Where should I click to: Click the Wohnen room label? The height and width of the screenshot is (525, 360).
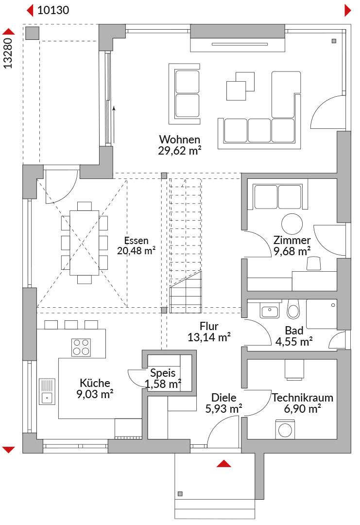(180, 140)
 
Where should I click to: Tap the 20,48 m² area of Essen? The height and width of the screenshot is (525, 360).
(136, 251)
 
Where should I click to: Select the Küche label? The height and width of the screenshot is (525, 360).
(95, 383)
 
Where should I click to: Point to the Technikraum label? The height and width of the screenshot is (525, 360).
(303, 398)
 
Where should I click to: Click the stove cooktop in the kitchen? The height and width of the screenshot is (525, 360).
(81, 347)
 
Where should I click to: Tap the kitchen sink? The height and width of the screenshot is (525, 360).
(47, 391)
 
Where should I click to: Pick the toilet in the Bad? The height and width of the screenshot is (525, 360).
(293, 309)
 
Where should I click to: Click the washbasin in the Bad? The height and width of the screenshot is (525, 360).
(269, 311)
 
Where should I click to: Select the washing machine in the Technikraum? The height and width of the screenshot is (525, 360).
(285, 429)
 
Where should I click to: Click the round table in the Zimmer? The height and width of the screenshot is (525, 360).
(292, 224)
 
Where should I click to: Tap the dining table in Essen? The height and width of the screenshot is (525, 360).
(85, 243)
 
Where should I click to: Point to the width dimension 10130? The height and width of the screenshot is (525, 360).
(53, 10)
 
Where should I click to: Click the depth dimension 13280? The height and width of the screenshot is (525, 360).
(8, 53)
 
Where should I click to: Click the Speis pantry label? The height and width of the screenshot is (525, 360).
(163, 373)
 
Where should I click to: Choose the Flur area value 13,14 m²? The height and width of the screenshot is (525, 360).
(209, 337)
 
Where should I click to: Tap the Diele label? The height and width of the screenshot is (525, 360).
(224, 398)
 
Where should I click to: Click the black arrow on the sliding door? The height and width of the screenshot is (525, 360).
(114, 124)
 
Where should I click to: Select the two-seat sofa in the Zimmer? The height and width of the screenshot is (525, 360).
(278, 197)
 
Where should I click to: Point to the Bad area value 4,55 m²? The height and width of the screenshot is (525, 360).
(294, 342)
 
